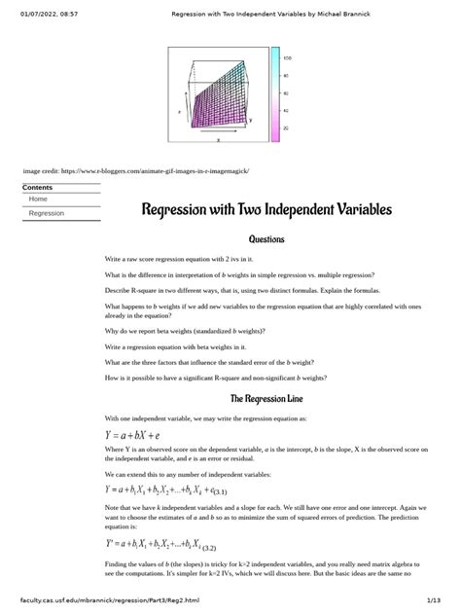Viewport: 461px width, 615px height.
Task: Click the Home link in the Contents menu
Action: point(38,199)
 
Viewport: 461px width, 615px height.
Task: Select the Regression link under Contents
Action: point(47,212)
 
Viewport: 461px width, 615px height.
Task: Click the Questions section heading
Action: point(266,238)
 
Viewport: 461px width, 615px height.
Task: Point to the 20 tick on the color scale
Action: point(285,127)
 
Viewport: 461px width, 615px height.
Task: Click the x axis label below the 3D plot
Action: point(218,141)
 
